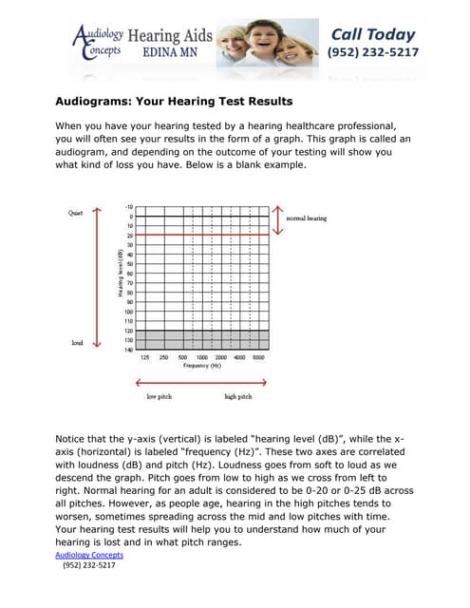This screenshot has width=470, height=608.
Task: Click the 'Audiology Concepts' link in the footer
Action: point(90,555)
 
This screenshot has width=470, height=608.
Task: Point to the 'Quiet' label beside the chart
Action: point(75,214)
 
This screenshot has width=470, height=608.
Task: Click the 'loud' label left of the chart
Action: point(77,342)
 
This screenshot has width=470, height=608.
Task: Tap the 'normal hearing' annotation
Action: point(307,218)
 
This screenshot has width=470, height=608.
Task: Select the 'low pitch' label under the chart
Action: point(159,396)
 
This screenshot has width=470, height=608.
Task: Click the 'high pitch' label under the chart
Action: point(237,396)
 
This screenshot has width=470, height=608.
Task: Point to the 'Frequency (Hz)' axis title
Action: point(202,366)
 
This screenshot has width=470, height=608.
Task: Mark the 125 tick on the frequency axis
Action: point(144,357)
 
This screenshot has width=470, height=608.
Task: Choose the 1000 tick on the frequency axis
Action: point(202,357)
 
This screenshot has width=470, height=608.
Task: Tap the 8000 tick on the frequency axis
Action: point(258,357)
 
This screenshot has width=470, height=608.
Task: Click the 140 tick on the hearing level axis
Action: point(127,350)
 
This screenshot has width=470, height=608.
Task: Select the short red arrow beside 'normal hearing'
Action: point(277,218)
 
